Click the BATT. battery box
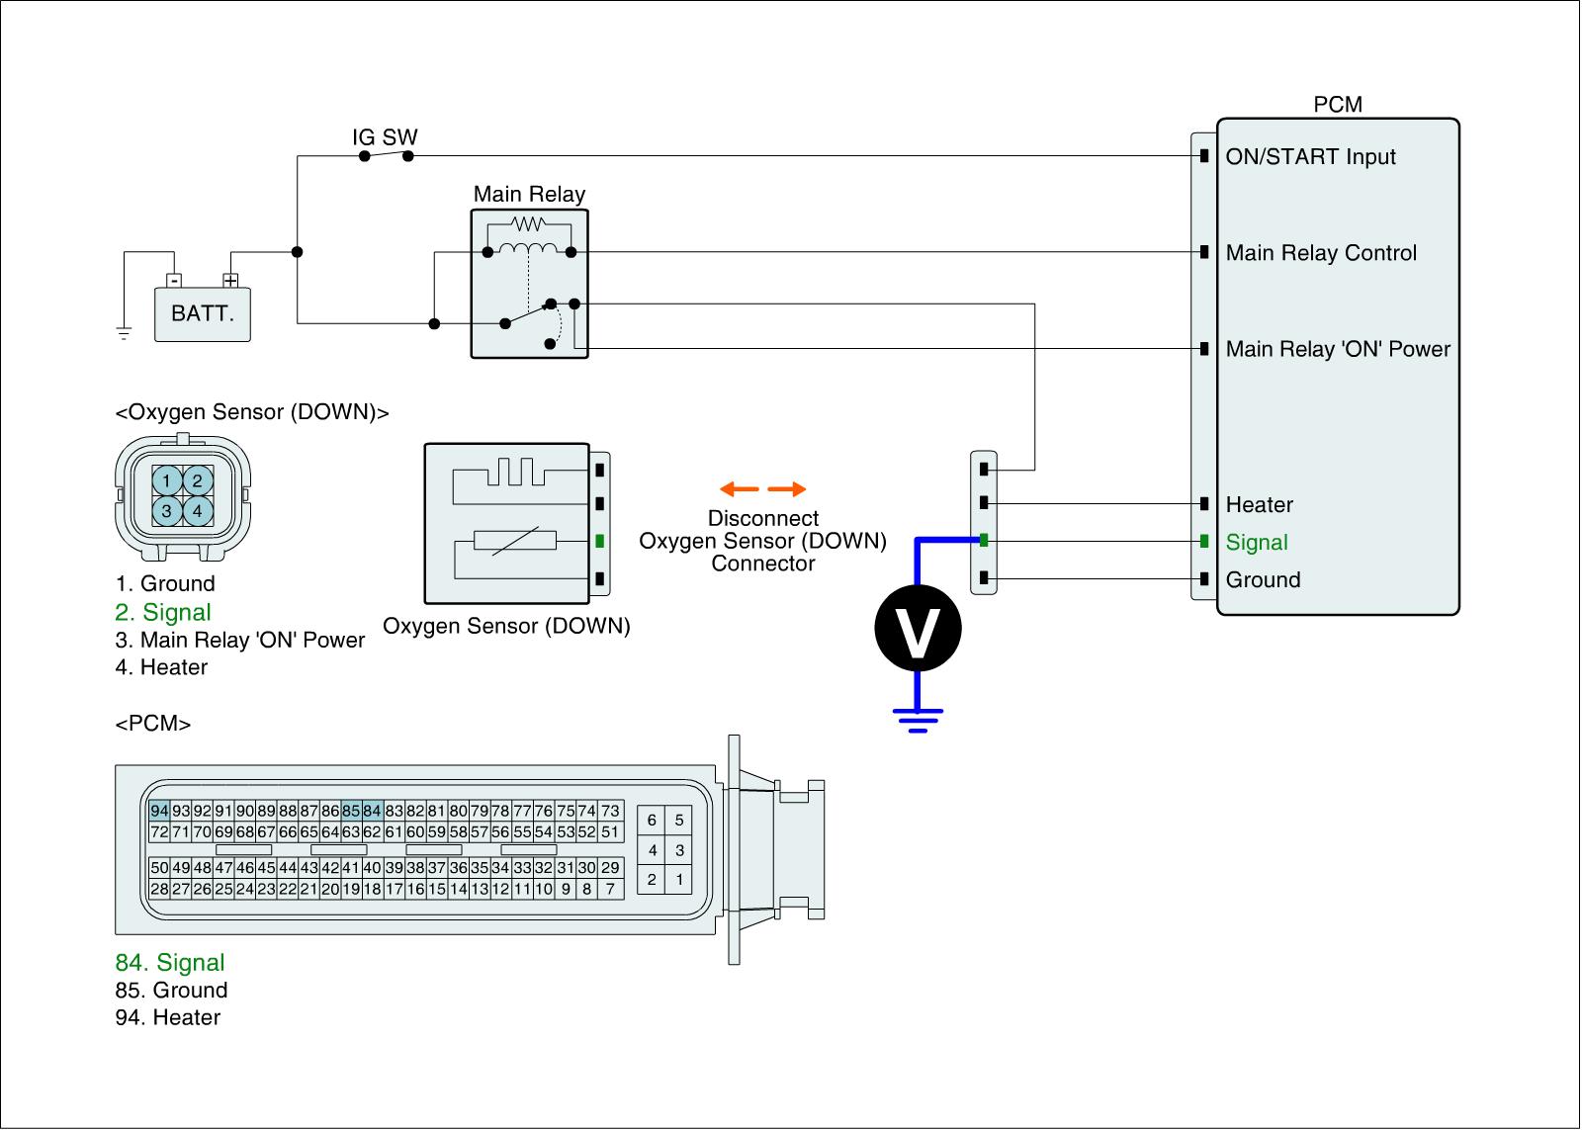point(203,314)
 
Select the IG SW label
point(385,136)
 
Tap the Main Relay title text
point(529,194)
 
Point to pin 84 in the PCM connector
point(372,811)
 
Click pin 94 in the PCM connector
point(159,811)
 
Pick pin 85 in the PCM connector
point(351,811)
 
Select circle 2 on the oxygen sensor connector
point(198,481)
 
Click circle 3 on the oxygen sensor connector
point(167,511)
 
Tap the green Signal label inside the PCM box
point(1257,542)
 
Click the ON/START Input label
point(1310,156)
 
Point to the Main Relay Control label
point(1321,253)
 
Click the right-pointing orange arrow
point(787,488)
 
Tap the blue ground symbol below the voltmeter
point(918,721)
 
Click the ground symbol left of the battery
point(124,333)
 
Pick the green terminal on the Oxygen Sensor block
point(599,541)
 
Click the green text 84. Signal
point(170,963)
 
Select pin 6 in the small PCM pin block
point(652,820)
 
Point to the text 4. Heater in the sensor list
point(161,667)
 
